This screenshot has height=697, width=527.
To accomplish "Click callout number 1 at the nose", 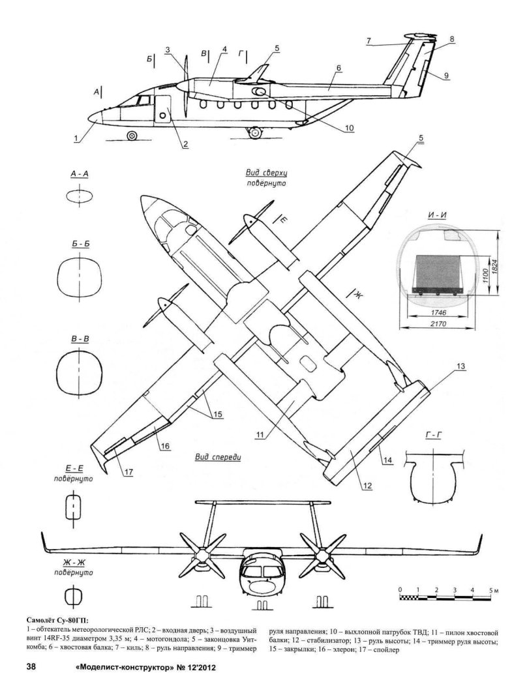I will point(76,138).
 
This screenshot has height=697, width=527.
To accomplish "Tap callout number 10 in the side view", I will point(350,128).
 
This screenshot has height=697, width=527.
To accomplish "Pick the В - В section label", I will point(79,339).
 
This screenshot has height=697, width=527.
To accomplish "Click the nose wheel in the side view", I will point(132,136).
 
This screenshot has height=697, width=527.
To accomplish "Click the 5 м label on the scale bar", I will point(493,589).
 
